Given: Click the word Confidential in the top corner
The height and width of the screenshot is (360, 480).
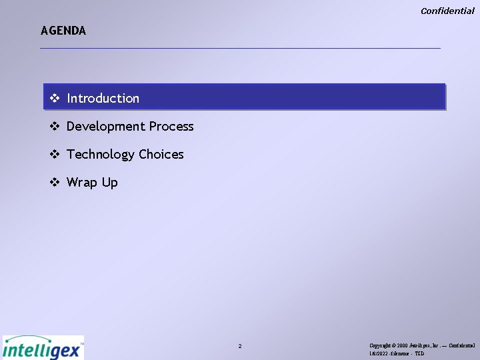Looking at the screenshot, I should [447, 11].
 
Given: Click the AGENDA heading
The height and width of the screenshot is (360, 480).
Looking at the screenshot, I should [63, 31].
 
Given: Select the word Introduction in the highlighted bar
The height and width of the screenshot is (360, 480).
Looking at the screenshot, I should [103, 99].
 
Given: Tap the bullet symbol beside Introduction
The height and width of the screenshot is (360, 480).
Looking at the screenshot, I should [55, 99].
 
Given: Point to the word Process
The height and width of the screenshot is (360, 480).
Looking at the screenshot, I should [171, 127].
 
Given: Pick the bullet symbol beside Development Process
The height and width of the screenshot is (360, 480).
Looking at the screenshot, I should [55, 127].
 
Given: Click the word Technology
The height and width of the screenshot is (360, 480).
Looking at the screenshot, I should [101, 155].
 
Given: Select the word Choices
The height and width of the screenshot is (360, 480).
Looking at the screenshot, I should [161, 155].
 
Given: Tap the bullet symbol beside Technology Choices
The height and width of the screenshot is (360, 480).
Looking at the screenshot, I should [55, 155].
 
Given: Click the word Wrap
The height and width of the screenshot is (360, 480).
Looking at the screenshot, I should [83, 183].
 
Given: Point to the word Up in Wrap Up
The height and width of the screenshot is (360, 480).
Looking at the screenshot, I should [110, 183].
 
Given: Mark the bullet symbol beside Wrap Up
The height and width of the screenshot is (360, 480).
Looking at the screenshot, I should [55, 183].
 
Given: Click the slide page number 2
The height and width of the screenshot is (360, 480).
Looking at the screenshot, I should [240, 347].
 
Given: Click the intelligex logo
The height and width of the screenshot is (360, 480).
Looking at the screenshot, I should [43, 347].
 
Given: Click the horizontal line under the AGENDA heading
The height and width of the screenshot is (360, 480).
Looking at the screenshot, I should [240, 48].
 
